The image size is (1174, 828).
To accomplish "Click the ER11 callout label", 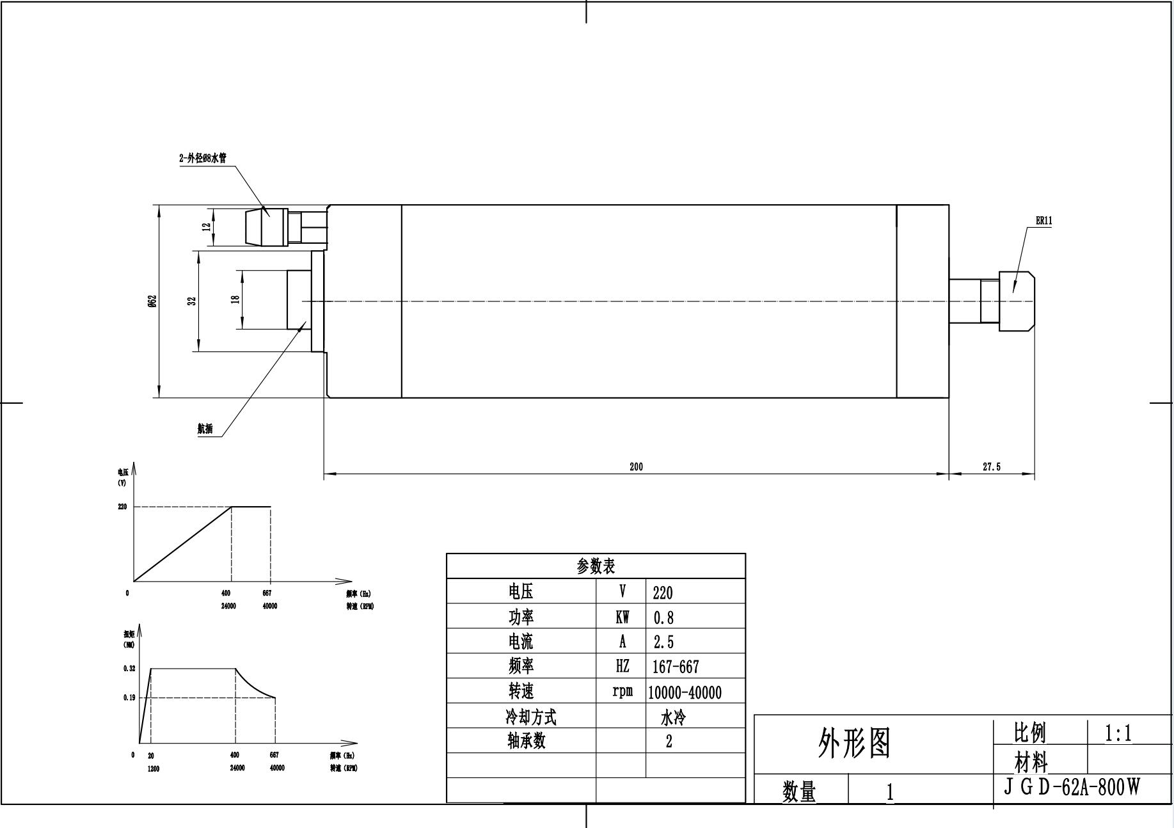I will point(1043,221).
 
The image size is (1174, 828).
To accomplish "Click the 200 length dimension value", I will point(636,466).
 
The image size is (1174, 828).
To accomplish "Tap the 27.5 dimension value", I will point(991,467).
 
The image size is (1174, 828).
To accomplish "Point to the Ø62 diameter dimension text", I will point(152,301).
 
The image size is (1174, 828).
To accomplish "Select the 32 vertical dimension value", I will point(191,301).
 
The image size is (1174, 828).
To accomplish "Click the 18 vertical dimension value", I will point(235,299).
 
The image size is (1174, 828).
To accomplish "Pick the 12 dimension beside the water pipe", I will point(206,227).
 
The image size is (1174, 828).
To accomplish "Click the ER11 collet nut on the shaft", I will point(1016,301).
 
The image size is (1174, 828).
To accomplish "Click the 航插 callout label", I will point(205,429).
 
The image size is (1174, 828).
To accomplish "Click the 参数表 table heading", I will point(596,566).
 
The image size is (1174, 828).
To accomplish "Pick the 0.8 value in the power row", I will point(663,617).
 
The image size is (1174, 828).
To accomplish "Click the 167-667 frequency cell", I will point(676,667).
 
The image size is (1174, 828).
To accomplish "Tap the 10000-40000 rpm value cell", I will point(685,692).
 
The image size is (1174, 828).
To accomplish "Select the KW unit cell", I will point(622,617).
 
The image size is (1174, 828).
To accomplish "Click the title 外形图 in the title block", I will point(854,744).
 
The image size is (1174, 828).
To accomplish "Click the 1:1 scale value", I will point(1118,733).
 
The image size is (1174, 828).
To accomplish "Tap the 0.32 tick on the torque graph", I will point(129,669).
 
